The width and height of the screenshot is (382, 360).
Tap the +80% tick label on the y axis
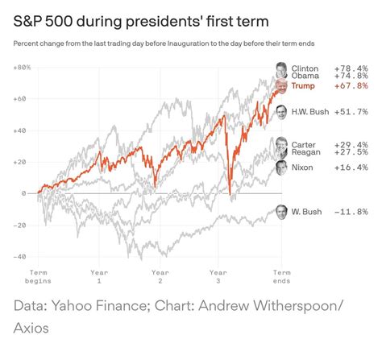22,67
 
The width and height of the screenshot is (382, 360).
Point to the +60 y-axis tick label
21,98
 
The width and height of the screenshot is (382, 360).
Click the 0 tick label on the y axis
24,193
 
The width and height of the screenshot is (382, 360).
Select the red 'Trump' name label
305,86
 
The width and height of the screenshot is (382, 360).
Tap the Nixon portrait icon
281,168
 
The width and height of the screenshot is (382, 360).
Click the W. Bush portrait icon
280,212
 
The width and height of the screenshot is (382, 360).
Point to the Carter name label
305,143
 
